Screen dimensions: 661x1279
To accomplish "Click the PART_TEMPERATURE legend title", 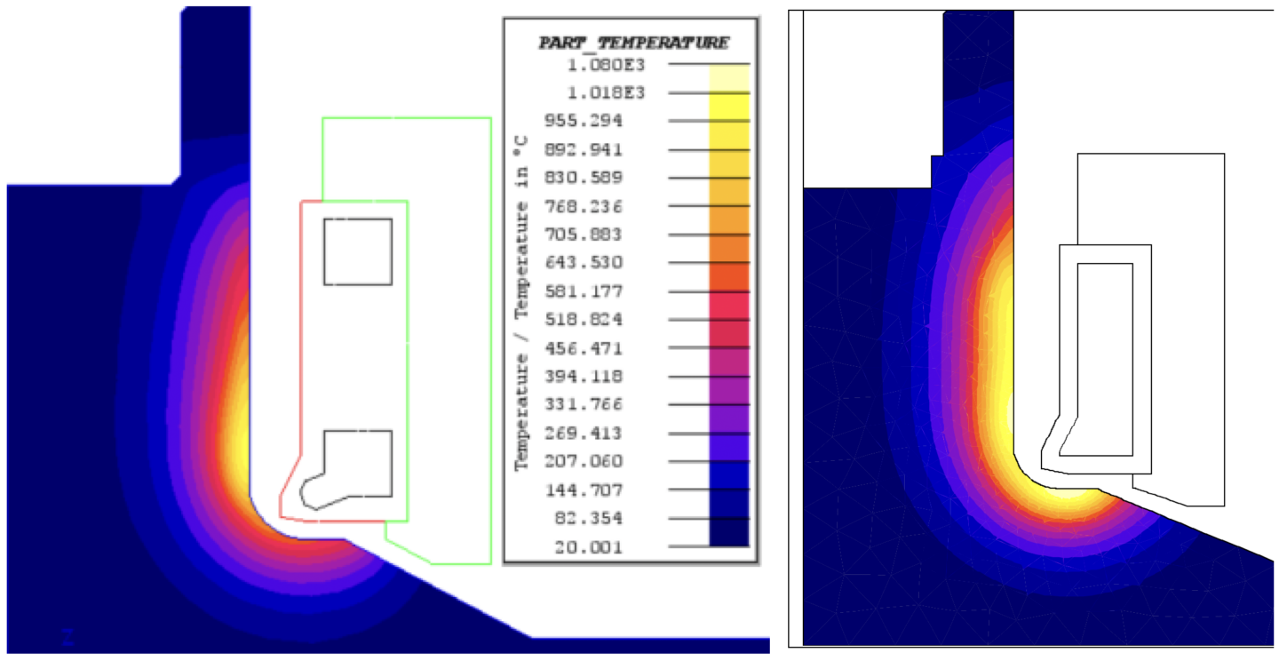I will tap(633, 43).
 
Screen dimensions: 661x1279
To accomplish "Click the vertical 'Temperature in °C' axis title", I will tap(524, 302).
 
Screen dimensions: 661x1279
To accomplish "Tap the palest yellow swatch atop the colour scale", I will tap(728, 78).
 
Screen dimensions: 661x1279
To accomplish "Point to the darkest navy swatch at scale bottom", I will tap(728, 533).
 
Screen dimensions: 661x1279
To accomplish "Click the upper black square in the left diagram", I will tap(358, 251).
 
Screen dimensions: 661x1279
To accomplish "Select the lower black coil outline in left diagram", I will tap(355, 466).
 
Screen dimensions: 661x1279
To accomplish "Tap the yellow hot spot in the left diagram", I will tap(238, 435).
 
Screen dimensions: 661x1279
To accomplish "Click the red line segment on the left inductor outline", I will tap(302, 355).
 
